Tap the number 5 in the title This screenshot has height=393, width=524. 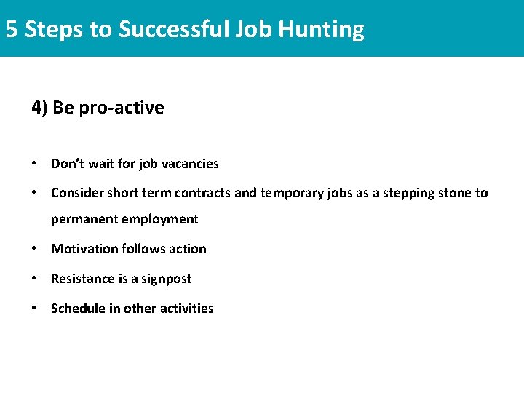(x=11, y=29)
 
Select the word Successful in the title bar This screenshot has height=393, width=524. (x=173, y=29)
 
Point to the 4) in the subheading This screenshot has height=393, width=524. (x=39, y=108)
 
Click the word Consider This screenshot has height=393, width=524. (x=77, y=193)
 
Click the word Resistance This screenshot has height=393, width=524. (x=80, y=279)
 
